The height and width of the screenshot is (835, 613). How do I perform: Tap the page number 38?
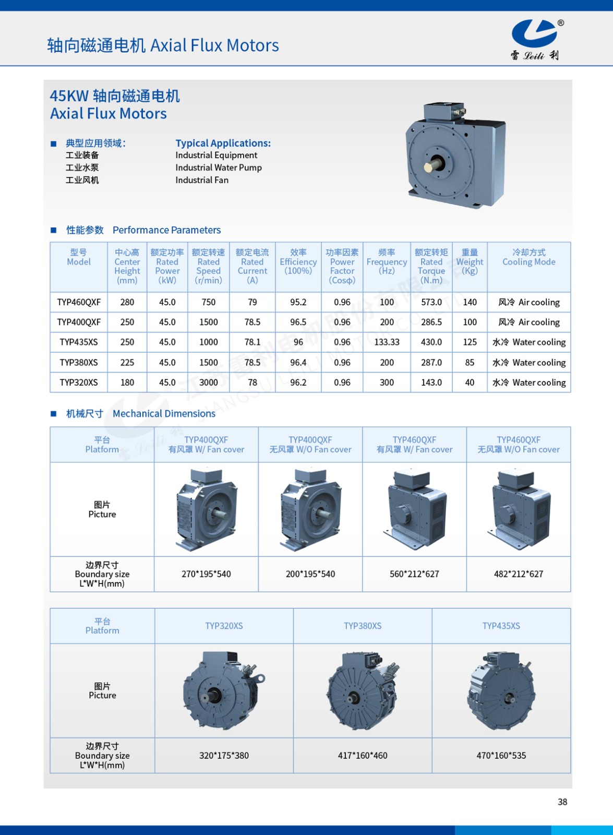tap(562, 802)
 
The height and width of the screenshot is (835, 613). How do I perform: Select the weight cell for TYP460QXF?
tap(470, 302)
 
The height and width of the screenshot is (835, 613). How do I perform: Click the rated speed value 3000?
tap(208, 383)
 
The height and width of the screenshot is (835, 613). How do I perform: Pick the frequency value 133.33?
tap(387, 342)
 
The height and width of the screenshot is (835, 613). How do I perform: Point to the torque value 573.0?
tap(431, 302)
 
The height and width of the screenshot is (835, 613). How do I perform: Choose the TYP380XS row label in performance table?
tap(79, 363)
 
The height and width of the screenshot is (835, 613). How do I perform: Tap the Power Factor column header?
tap(342, 266)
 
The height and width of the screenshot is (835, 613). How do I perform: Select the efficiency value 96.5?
tap(298, 323)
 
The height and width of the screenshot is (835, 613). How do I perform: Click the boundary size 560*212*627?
tap(414, 574)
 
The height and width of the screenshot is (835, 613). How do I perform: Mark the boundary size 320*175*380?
tap(224, 755)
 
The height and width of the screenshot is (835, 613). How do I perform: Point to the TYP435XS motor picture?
tap(501, 690)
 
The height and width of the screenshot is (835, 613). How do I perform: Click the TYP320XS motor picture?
tap(223, 690)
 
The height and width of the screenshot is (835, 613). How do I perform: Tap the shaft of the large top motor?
tap(431, 166)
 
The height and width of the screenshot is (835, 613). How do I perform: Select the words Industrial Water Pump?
tap(219, 168)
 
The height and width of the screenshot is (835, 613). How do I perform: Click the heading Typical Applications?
tap(223, 143)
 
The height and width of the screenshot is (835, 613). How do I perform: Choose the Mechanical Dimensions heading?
tap(164, 413)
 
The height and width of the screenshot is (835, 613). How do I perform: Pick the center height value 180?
tap(127, 383)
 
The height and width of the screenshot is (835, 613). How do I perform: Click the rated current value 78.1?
tap(253, 342)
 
